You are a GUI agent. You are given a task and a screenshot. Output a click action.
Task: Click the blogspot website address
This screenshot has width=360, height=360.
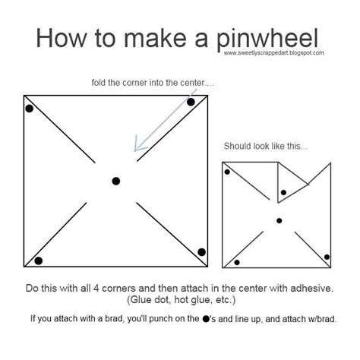tap(274, 53)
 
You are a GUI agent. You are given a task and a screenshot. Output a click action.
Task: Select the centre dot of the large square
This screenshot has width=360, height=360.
tap(116, 181)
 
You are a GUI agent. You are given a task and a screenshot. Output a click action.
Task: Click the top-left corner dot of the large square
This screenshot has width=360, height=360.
tap(30, 109)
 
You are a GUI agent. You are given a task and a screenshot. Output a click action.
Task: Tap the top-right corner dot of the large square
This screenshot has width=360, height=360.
tap(191, 102)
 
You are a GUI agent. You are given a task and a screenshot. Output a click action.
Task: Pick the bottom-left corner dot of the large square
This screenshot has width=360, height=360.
tap(39, 261)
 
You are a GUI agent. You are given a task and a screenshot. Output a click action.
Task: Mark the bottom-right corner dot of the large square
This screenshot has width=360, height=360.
tap(202, 252)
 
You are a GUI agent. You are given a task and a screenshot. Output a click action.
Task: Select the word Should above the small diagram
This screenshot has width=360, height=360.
tap(238, 146)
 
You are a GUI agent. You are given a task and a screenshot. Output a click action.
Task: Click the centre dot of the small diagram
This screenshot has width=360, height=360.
tap(279, 220)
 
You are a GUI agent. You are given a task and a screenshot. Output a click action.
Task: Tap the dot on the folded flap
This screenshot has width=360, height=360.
tap(283, 193)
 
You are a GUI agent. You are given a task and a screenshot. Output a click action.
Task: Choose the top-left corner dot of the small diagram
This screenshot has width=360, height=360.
tap(227, 172)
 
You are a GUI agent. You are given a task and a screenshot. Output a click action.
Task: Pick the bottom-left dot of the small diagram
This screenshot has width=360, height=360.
tap(237, 262)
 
